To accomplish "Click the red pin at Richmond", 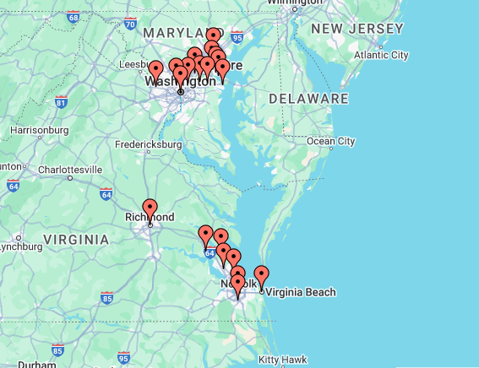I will point(150,208).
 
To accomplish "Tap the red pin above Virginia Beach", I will point(262,275).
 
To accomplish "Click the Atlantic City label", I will point(381,55).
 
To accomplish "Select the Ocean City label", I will point(330,141).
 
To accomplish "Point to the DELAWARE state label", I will point(308,99).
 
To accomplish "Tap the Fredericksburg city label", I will point(150,144).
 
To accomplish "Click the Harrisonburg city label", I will point(39,130).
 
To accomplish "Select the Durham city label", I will point(38,365).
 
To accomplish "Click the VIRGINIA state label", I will point(76,240).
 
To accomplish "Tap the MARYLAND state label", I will point(173,32).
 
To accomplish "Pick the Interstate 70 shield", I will point(129,24).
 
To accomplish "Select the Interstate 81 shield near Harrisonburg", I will point(61,102).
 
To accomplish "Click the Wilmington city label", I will point(295,3).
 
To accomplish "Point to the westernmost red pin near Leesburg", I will point(155,70).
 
